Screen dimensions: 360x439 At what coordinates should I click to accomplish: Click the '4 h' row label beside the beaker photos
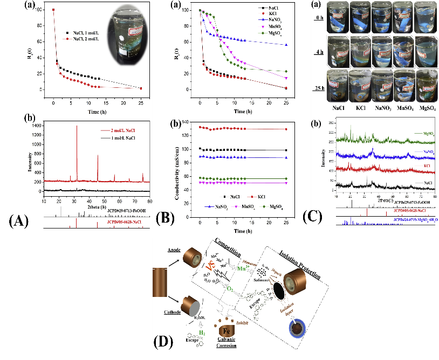(323, 52)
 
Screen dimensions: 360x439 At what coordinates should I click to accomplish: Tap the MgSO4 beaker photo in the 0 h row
(426, 16)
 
